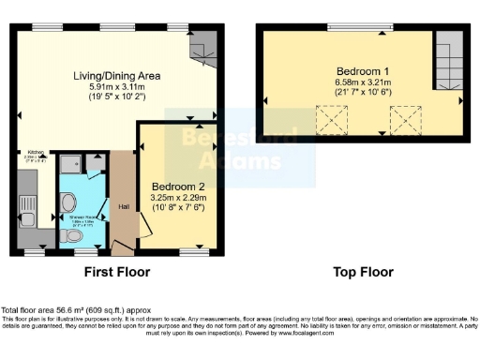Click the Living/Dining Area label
point(118,75)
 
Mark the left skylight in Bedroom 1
point(330,119)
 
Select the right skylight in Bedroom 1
point(404,119)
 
